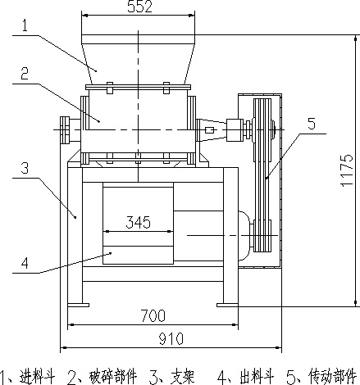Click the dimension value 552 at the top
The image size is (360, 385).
coord(139,7)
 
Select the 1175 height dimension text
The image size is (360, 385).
coord(347,170)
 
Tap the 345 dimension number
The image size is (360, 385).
coord(138,222)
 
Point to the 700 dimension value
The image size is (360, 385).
coord(153,315)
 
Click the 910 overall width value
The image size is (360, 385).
coord(171,339)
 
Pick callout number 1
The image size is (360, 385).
coord(25,26)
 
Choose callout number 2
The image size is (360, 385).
coord(25,74)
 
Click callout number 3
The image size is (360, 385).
coord(25,168)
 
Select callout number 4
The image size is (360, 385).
coord(25,263)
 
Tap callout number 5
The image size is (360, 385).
coord(312,124)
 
